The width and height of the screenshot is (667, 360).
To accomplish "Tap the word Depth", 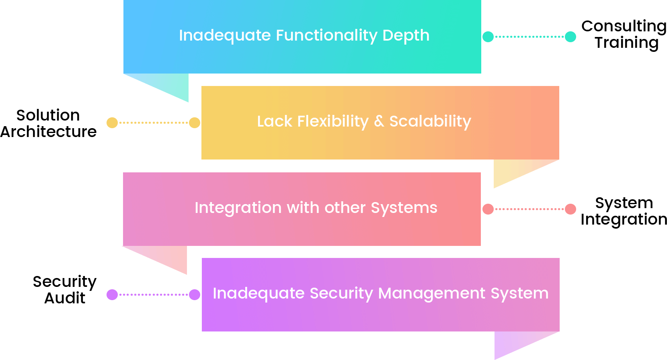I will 406,36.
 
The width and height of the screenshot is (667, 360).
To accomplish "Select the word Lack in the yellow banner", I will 274,121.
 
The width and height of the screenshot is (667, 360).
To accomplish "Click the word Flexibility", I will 332,121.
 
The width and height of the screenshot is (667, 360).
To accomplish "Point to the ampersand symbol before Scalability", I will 379,121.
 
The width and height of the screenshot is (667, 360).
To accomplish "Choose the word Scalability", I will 430,121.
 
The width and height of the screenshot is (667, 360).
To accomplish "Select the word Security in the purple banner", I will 341,293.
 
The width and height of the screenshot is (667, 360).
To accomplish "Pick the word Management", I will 432,293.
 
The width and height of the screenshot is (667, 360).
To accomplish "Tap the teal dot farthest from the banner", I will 571,37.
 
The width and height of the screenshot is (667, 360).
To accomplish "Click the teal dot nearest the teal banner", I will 488,37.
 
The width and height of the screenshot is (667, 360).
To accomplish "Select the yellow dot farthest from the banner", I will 112,123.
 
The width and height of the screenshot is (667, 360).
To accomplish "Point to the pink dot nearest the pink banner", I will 488,209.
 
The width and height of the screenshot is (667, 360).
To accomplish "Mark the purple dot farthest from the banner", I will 112,295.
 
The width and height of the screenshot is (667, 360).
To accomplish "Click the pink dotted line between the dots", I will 529,209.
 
